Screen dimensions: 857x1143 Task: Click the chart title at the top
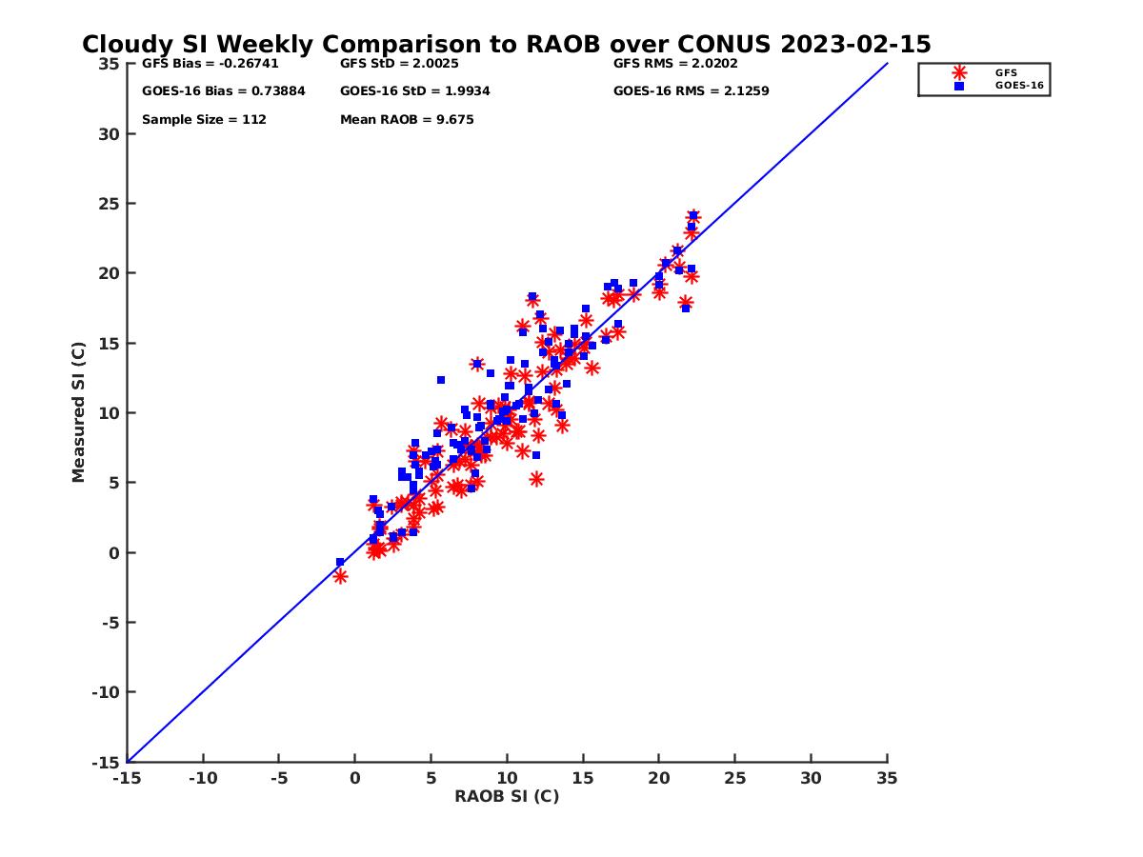(x=506, y=45)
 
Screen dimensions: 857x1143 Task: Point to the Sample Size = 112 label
(x=204, y=120)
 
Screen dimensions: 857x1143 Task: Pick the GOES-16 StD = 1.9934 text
(x=414, y=91)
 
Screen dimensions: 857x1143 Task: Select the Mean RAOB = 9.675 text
(x=407, y=120)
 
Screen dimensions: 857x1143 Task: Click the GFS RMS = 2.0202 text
(x=675, y=64)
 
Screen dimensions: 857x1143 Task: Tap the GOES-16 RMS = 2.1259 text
(x=691, y=91)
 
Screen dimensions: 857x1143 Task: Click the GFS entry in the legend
(x=1006, y=72)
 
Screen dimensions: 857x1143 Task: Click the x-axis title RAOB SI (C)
(x=507, y=796)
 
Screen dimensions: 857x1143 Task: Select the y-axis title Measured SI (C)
(x=79, y=413)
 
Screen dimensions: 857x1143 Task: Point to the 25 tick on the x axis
(x=734, y=778)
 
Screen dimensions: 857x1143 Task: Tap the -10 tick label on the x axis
(x=202, y=778)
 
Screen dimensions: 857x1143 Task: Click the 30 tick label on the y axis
(x=109, y=134)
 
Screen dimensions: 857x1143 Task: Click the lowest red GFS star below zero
(x=340, y=576)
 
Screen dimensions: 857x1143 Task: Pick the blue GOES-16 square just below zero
(x=340, y=562)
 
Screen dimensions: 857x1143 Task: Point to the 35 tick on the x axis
(x=887, y=778)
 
